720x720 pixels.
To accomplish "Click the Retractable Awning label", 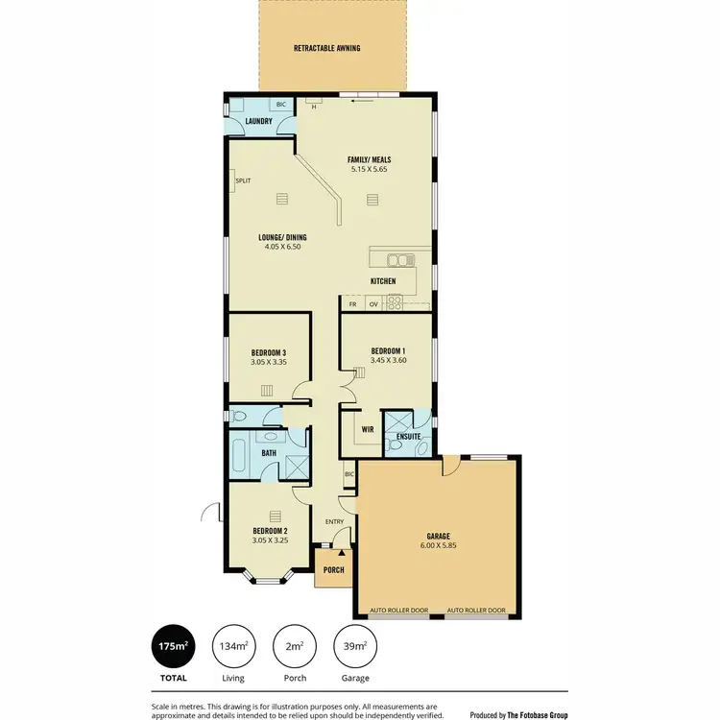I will [x=327, y=47].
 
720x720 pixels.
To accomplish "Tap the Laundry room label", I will [x=258, y=121].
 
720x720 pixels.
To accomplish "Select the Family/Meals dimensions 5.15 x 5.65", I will [x=369, y=170].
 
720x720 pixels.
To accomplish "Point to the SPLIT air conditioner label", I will [x=243, y=180].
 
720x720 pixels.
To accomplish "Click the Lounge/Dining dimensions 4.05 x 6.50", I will [x=282, y=247].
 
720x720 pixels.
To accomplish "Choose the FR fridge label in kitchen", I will [x=352, y=303].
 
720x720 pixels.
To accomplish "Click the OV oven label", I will [x=372, y=303].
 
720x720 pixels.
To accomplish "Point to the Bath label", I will [x=269, y=453].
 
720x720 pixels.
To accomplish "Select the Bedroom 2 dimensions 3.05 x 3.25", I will [x=270, y=540].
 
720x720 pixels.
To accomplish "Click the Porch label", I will [x=332, y=568].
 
